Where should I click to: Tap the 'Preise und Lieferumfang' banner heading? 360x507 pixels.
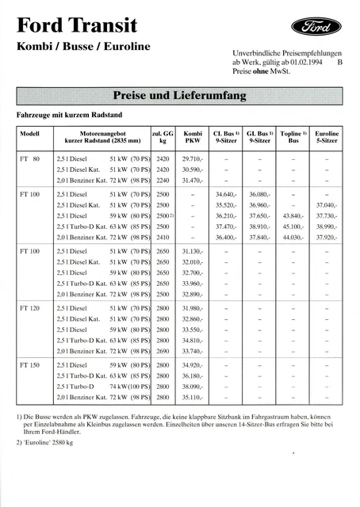[x=180, y=97]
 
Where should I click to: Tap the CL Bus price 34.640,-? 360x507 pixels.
[x=227, y=193]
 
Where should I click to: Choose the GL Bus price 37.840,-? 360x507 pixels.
[x=259, y=237]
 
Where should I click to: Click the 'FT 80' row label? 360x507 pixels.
[x=29, y=159]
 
